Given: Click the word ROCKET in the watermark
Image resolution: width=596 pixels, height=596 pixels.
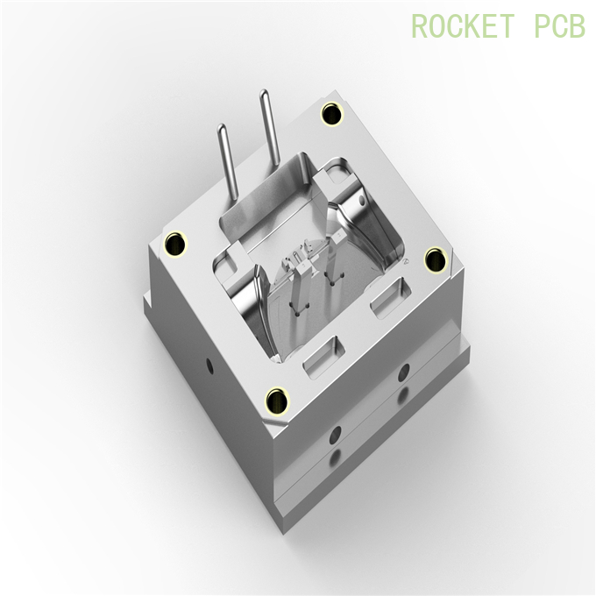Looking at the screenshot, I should [462, 26].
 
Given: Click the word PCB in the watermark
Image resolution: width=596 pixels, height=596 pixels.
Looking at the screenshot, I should [559, 26].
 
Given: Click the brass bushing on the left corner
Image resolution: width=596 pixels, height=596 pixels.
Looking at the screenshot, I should [178, 243].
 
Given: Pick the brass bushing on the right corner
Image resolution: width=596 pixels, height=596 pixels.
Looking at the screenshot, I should [435, 259].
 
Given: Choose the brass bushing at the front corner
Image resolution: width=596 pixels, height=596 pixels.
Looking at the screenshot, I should [278, 400].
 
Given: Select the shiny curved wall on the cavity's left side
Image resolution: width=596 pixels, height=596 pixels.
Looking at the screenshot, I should [248, 302].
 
